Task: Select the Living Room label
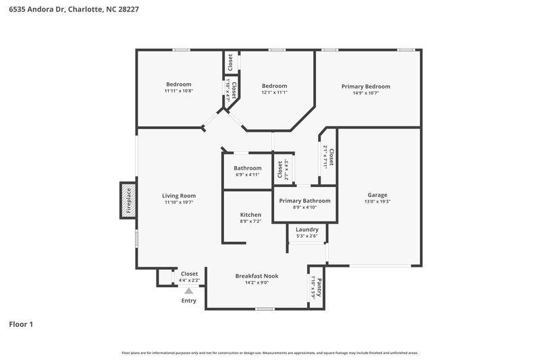[x=179, y=195]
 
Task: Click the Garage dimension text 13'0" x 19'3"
[x=377, y=201]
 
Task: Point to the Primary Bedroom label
[x=365, y=86]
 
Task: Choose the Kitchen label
[x=250, y=214]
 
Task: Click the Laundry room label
[x=307, y=229]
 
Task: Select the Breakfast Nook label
[x=256, y=276]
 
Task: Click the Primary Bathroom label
[x=304, y=201]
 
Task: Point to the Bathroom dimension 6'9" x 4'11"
[x=248, y=175]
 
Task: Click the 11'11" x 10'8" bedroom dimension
[x=179, y=91]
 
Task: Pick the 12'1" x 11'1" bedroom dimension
[x=275, y=93]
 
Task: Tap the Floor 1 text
[x=21, y=324]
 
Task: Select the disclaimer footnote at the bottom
[x=269, y=353]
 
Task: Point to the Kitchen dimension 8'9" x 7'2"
[x=250, y=221]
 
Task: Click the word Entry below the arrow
[x=189, y=301]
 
